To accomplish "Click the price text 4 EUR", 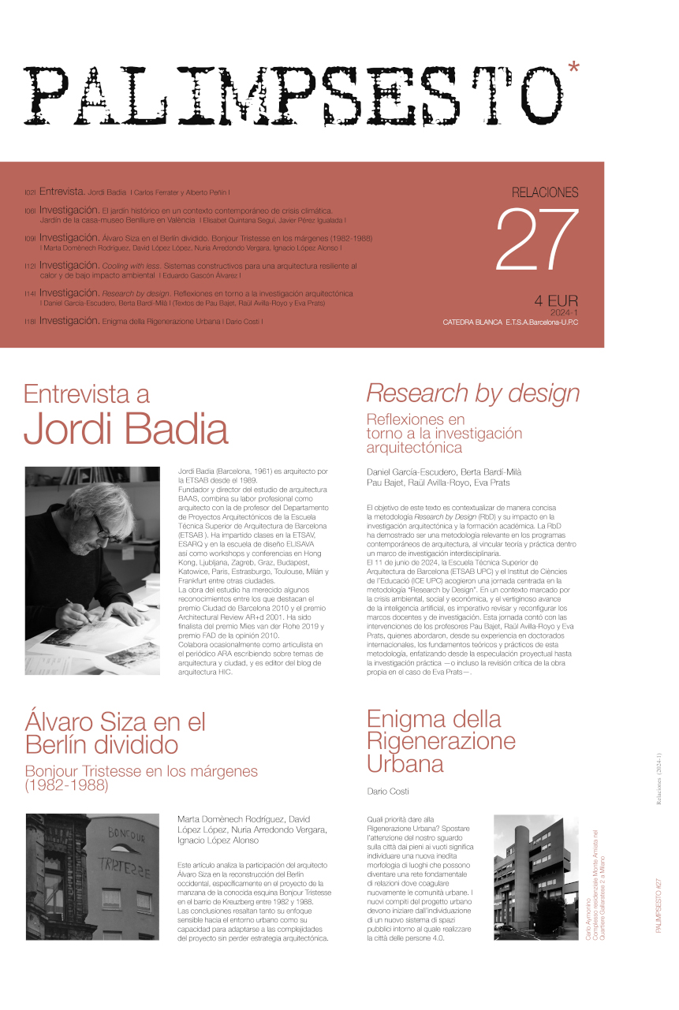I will point(556,300).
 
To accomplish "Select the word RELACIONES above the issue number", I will point(545,192).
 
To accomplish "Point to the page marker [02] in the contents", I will point(31,192).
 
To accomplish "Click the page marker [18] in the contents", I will point(31,322).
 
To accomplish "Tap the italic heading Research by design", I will point(473,392).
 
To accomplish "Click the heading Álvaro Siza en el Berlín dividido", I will point(115,732).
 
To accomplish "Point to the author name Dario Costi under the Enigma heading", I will point(388,791).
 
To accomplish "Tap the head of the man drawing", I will point(91,512).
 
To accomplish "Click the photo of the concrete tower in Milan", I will point(535,877).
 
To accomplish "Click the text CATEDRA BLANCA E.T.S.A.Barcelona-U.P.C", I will point(510,323).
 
